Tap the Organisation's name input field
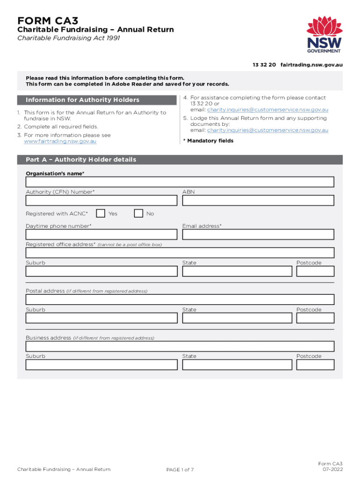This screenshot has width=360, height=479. pyautogui.click(x=180, y=182)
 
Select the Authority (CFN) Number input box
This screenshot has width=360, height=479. pyautogui.click(x=101, y=201)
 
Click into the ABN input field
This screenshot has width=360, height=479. pyautogui.click(x=258, y=201)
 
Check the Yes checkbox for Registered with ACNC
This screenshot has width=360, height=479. pyautogui.click(x=100, y=214)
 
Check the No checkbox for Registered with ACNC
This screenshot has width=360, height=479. pyautogui.click(x=138, y=214)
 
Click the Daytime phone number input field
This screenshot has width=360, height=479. pyautogui.click(x=101, y=234)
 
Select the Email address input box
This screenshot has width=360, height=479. pyautogui.click(x=258, y=234)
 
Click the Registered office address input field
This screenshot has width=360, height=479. pyautogui.click(x=180, y=253)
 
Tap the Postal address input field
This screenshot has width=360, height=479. pyautogui.click(x=180, y=300)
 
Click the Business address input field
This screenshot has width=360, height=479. pyautogui.click(x=180, y=347)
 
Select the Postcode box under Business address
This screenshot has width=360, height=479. pyautogui.click(x=315, y=365)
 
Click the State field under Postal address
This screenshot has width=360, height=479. pyautogui.click(x=237, y=318)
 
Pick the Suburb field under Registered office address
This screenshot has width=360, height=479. pyautogui.click(x=101, y=271)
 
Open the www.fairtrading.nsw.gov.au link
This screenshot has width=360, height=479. pyautogui.click(x=60, y=141)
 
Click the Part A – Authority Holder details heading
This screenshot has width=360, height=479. pyautogui.click(x=81, y=160)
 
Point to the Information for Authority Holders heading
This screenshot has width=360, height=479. pyautogui.click(x=83, y=100)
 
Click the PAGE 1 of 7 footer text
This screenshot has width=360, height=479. pyautogui.click(x=180, y=470)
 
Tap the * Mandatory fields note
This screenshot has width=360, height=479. pyautogui.click(x=208, y=141)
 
